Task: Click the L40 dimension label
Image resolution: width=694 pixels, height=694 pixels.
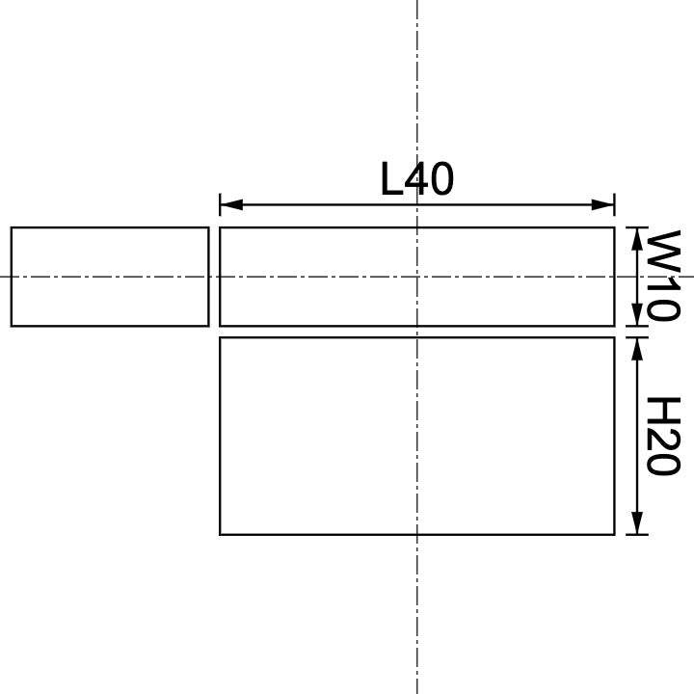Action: click(x=416, y=179)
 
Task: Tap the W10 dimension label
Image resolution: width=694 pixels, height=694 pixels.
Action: click(x=663, y=276)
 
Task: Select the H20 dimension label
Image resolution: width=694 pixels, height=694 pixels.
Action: click(x=663, y=436)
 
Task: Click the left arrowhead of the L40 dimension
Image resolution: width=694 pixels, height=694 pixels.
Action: click(x=228, y=204)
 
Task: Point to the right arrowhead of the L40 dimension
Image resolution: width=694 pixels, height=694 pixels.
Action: click(x=605, y=204)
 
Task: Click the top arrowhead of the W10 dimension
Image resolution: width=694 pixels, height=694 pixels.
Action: click(x=636, y=236)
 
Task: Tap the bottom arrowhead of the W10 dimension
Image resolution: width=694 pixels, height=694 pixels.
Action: click(x=636, y=317)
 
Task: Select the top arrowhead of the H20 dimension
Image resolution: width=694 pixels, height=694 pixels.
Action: click(x=636, y=346)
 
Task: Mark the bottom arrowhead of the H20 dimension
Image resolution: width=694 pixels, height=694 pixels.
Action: click(x=636, y=525)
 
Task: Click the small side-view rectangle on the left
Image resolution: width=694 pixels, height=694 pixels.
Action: click(x=110, y=277)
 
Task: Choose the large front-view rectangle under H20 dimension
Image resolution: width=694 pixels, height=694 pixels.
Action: click(x=416, y=436)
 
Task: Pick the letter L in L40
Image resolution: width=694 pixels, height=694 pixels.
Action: click(x=391, y=179)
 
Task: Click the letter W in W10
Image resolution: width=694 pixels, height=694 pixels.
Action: click(x=663, y=251)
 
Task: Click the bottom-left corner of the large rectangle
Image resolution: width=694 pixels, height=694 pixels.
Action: click(x=221, y=534)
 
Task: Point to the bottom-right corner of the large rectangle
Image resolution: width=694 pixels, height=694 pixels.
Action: click(x=614, y=534)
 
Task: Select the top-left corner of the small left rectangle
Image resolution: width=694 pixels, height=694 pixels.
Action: click(x=12, y=227)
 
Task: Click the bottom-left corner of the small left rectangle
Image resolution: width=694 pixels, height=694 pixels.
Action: click(x=12, y=326)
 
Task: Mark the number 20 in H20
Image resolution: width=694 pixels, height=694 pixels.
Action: click(x=663, y=450)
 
